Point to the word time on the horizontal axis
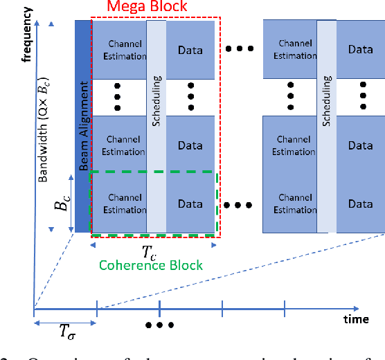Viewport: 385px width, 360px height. (357, 320)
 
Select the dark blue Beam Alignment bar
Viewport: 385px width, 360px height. (83, 126)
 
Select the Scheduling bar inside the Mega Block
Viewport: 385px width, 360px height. (156, 126)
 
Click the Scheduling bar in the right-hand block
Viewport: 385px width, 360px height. (327, 126)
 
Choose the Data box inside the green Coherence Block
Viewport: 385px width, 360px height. (190, 204)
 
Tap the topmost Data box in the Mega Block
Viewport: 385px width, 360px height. (190, 50)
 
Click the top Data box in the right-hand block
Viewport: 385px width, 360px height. (360, 50)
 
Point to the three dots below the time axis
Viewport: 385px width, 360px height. (160, 325)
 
